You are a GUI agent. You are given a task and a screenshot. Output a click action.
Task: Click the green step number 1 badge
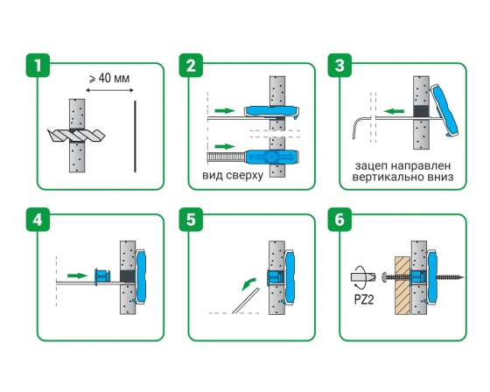coord(38,66)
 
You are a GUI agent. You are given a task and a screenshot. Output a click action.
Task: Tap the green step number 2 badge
coord(191,66)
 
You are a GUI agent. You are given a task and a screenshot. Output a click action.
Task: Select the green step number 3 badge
coord(339,66)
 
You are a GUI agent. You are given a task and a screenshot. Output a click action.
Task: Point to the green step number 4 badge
coord(38,220)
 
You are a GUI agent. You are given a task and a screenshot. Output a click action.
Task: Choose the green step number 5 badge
coord(191,220)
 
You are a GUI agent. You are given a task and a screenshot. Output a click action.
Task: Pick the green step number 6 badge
coord(339,220)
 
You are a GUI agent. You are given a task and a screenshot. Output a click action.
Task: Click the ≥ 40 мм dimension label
coord(109,78)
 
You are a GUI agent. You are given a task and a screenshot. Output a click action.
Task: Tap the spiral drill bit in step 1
coord(76,135)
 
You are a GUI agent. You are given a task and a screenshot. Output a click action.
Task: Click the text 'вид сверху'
coord(233,175)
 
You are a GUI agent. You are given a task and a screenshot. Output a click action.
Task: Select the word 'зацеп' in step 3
coord(371,165)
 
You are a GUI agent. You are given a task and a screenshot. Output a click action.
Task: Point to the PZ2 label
coord(364,299)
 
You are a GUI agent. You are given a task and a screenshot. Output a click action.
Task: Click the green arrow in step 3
coord(394,111)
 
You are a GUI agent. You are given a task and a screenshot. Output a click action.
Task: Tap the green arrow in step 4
coord(78,276)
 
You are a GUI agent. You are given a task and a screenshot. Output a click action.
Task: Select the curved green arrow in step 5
coord(248,283)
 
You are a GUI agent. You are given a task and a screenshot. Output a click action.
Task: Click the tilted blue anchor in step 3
coord(444,109)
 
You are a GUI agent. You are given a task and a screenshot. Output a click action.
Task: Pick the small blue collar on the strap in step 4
coord(103,276)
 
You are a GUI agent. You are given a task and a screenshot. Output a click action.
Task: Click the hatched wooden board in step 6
coord(402,285)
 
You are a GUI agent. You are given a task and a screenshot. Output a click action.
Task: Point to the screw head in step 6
coord(384,277)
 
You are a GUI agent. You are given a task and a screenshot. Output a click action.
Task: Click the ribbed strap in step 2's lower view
coord(227,157)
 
